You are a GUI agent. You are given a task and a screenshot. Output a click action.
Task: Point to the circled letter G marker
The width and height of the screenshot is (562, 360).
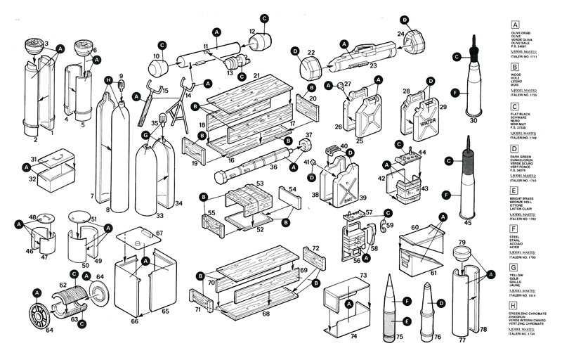coord(145,134)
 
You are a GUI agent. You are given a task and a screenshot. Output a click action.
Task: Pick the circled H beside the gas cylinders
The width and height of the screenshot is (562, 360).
coord(108,80)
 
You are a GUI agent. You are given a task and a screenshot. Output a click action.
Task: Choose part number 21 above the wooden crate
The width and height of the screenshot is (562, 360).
coord(256,75)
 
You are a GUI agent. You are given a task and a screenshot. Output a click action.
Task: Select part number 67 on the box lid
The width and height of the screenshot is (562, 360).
coord(159,233)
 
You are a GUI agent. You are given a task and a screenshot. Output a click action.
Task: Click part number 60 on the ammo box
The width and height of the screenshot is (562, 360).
coord(414,227)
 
